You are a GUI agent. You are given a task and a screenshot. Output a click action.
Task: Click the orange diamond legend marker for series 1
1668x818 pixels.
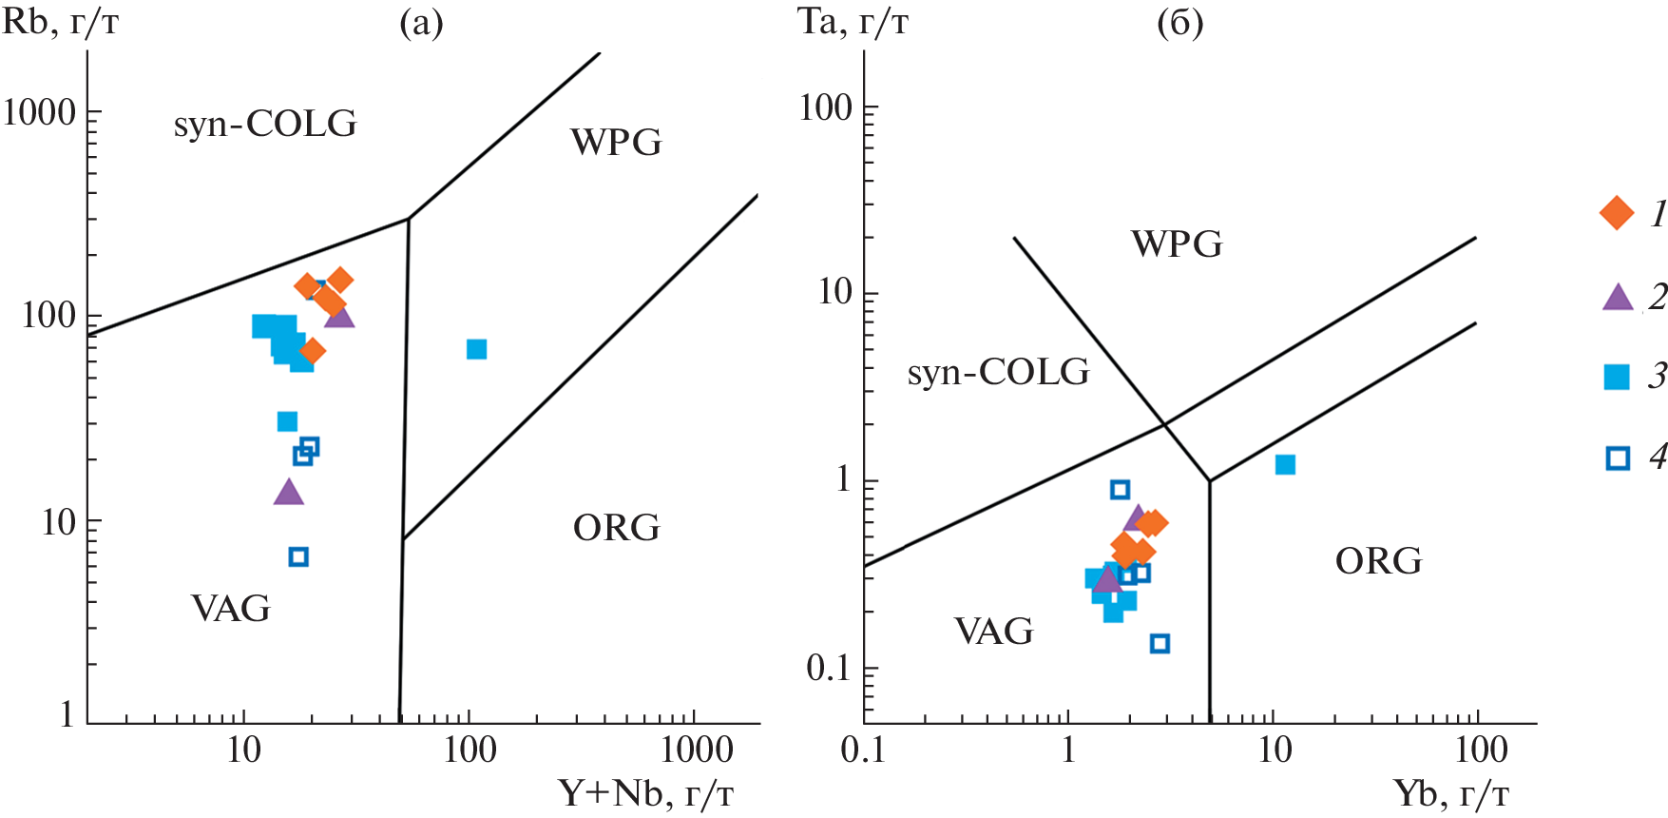tap(1617, 212)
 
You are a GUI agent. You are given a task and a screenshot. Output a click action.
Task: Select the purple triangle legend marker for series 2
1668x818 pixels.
tap(1618, 297)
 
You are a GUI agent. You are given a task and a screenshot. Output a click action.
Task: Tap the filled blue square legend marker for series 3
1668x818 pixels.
tap(1617, 378)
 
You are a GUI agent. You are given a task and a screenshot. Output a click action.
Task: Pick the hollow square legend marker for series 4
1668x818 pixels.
tap(1618, 458)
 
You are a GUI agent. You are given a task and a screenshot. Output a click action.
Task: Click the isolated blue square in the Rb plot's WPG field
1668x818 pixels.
tap(476, 349)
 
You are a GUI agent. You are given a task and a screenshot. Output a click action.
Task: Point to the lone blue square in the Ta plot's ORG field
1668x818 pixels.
tap(1285, 464)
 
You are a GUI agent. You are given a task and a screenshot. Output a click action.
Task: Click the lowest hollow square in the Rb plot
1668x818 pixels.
tap(298, 556)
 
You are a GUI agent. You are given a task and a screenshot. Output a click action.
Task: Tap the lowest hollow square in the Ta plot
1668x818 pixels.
tap(1160, 644)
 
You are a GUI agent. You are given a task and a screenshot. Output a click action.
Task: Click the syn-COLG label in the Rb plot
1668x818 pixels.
tap(264, 124)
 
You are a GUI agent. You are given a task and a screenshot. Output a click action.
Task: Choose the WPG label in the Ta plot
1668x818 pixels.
tap(1177, 244)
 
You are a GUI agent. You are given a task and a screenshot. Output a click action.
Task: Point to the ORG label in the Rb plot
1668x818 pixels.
tap(616, 528)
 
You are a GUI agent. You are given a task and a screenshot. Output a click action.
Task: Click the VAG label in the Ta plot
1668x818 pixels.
tap(993, 632)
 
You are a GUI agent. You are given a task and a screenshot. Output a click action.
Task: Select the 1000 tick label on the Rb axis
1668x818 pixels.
tap(40, 112)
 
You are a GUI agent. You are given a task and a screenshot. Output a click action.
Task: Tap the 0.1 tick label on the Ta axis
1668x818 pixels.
tap(830, 668)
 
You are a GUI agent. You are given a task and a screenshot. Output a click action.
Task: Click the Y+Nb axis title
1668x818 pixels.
tap(646, 792)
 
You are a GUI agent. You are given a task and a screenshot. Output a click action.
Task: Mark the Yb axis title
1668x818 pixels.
tap(1451, 792)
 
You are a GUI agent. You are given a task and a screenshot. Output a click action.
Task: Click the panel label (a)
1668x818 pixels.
tap(421, 23)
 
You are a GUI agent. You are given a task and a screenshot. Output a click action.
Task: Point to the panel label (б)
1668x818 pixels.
tap(1180, 23)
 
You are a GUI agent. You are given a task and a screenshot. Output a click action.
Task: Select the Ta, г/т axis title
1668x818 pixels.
tap(853, 21)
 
